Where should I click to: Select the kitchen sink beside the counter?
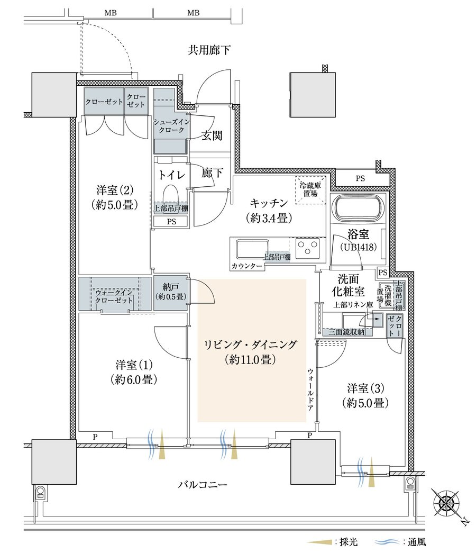click(x=249, y=249)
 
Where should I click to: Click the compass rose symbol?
click(x=447, y=501)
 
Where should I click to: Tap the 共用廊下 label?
click(x=209, y=51)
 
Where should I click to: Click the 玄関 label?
click(x=212, y=135)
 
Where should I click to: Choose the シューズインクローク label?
click(x=170, y=125)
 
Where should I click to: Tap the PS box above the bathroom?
click(x=360, y=178)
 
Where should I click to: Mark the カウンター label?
click(x=247, y=266)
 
